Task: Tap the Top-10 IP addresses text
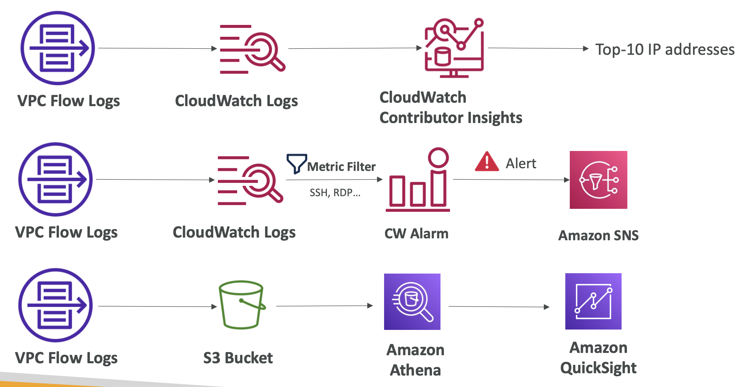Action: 665,50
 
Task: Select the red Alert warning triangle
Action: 487,162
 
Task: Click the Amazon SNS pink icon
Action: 598,180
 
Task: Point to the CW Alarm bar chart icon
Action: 418,180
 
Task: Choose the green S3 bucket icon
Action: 241,305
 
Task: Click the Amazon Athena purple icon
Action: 412,302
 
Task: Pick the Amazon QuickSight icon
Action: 593,301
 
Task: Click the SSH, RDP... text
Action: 335,192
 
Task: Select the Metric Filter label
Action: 341,167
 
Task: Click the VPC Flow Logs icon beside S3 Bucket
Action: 56,305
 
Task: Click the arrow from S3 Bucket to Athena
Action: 324,306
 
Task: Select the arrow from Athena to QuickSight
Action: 499,307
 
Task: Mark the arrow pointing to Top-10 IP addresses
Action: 538,48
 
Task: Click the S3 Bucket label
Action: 238,358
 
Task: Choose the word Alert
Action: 521,164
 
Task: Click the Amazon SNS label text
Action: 598,235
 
